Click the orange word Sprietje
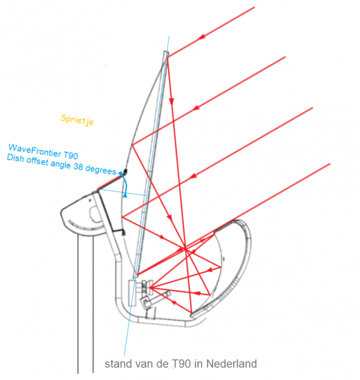tap(77, 120)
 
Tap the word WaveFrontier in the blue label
tap(34, 150)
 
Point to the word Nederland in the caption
tap(232, 364)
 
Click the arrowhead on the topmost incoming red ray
tap(201, 37)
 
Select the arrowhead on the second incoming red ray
tap(196, 107)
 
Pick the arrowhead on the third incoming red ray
tap(193, 176)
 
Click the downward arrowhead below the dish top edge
tap(171, 101)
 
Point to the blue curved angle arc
tap(125, 184)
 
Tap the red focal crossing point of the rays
tap(185, 248)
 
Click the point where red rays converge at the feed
tap(150, 288)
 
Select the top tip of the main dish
tap(166, 52)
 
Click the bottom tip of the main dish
tap(135, 276)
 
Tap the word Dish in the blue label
tap(15, 158)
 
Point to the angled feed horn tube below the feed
tap(156, 300)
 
